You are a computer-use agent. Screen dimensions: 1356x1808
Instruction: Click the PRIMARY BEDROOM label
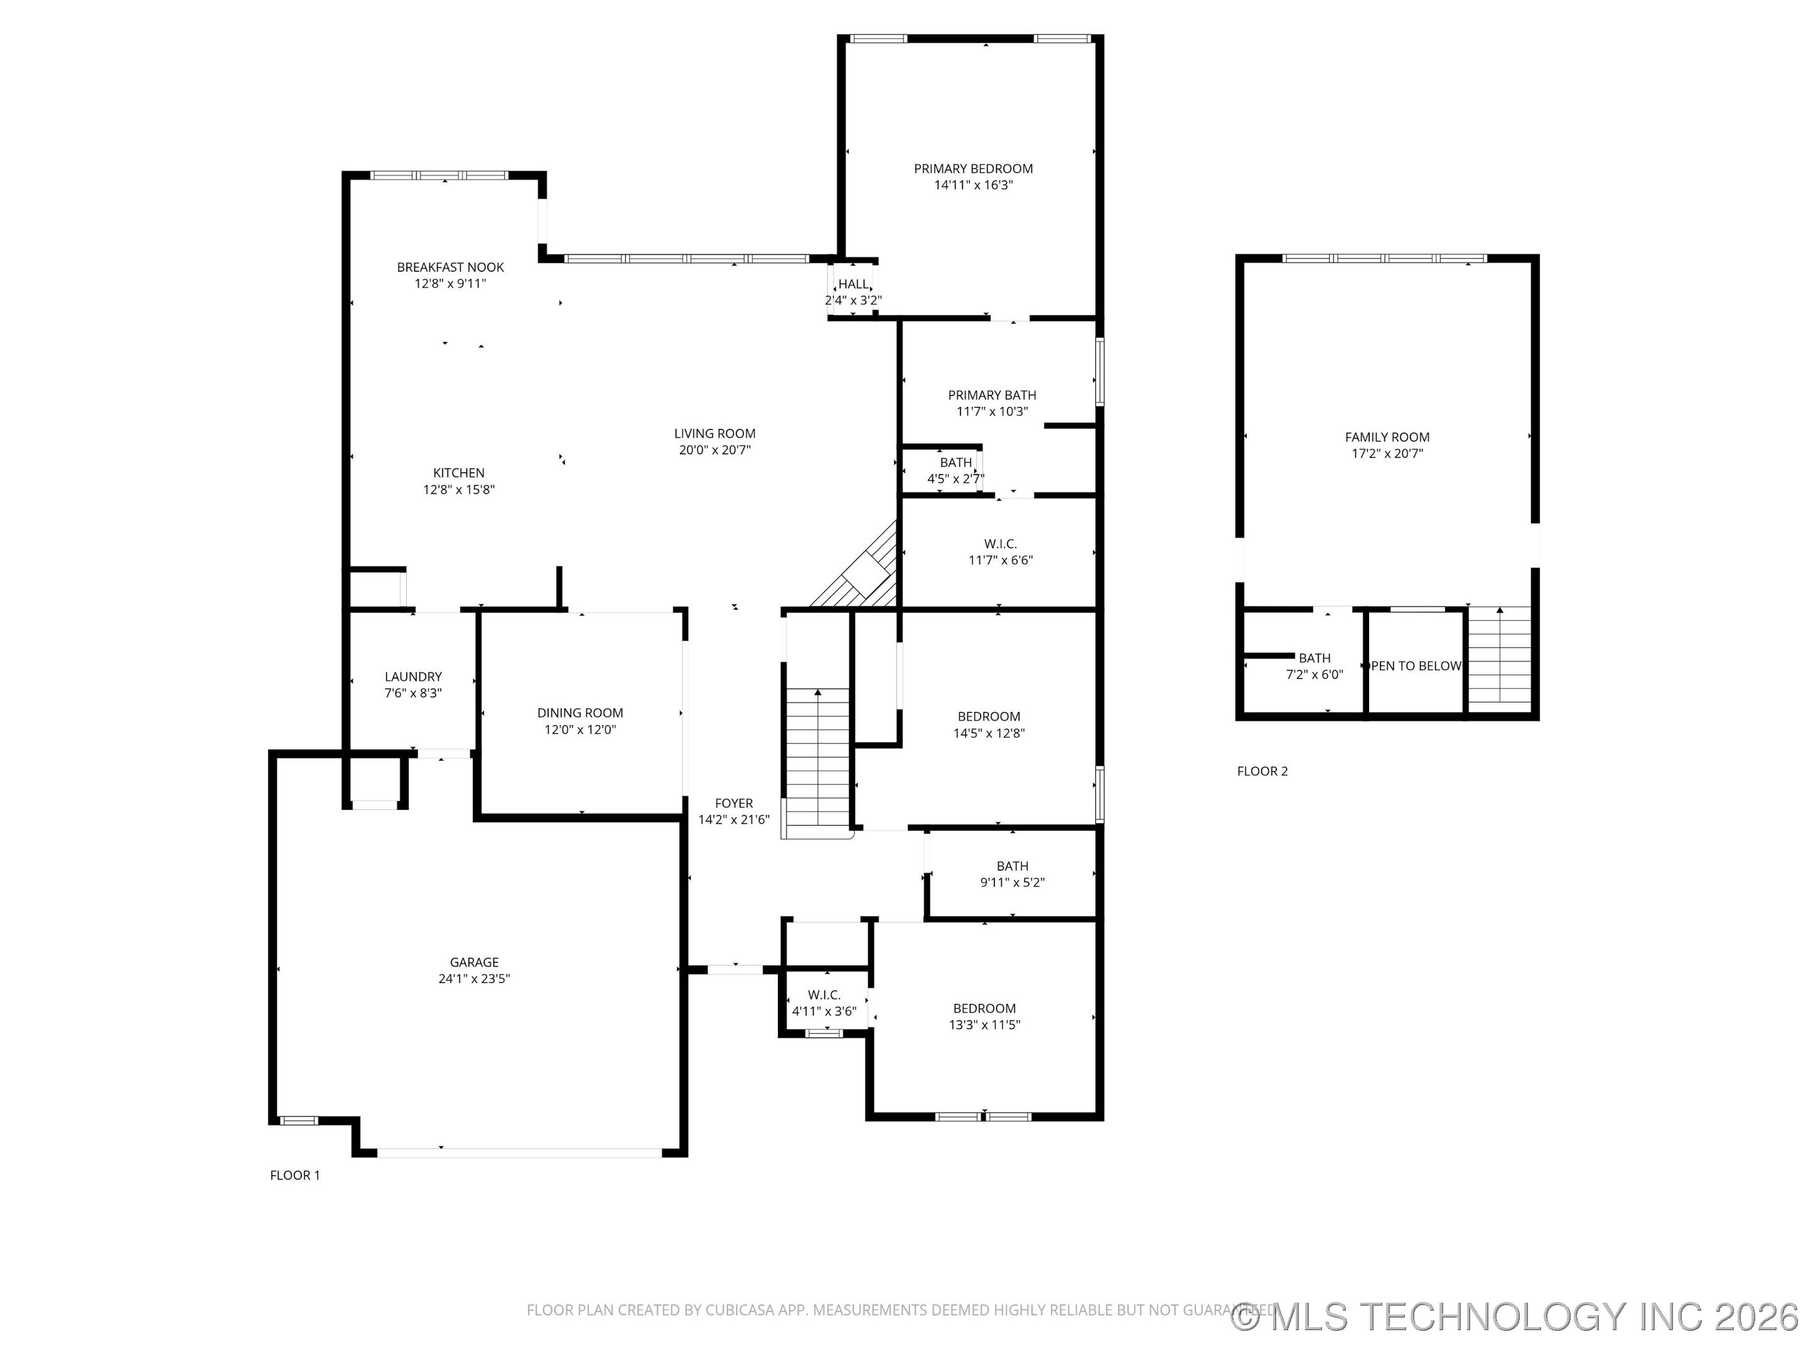point(972,168)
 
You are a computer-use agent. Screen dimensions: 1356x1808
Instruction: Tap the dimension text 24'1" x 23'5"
point(474,978)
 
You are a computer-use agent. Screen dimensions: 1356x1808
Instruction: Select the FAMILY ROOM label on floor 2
point(1387,438)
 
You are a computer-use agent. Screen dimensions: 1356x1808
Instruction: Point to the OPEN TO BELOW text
point(1415,666)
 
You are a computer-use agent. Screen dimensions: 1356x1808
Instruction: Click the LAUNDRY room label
point(413,677)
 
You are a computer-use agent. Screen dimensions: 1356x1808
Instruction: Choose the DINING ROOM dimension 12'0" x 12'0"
point(579,730)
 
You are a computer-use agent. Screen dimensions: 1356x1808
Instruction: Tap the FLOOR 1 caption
point(295,1175)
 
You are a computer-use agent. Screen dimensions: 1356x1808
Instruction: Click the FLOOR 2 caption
point(1262,771)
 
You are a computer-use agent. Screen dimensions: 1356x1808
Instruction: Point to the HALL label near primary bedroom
point(853,284)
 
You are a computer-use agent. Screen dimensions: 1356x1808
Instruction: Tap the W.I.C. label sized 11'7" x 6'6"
point(1001,544)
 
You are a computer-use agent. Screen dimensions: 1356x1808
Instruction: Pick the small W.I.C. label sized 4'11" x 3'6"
point(824,995)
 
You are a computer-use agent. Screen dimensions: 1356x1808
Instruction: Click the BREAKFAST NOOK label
point(450,267)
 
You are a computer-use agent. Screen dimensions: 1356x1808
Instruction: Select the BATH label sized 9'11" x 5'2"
point(1012,866)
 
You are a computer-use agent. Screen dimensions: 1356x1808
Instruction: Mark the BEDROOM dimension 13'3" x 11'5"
point(984,1025)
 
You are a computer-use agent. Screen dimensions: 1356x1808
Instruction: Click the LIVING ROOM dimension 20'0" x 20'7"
point(714,450)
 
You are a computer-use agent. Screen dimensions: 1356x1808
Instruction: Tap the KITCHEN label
point(458,473)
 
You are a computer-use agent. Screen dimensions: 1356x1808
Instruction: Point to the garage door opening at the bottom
point(519,1153)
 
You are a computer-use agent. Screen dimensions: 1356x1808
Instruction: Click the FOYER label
point(733,804)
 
